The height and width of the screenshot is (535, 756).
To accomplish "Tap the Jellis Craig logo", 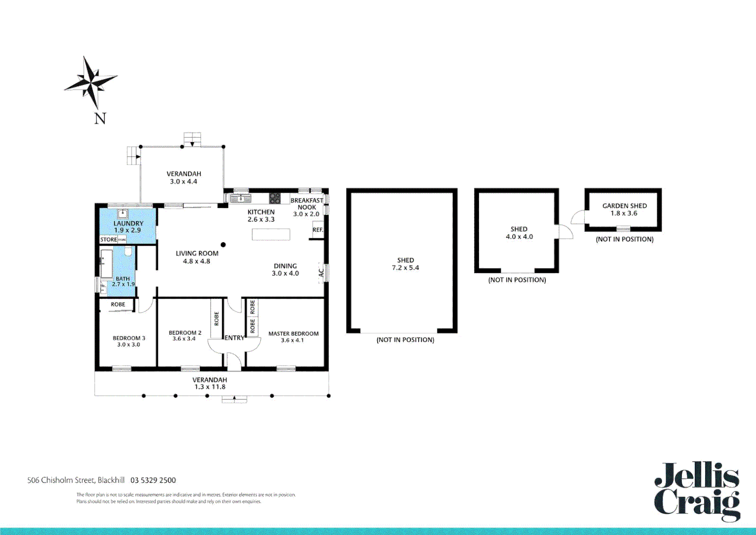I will (697, 491).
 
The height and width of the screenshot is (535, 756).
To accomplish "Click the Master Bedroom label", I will (293, 333).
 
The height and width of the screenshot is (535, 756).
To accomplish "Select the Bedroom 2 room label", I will (185, 332).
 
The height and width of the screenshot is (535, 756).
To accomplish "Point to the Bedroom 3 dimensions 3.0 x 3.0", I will (129, 345).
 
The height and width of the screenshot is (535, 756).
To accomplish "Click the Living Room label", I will (197, 253).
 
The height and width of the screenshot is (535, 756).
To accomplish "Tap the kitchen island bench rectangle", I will (271, 234).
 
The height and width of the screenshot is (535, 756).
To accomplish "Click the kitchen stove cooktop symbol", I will (275, 199).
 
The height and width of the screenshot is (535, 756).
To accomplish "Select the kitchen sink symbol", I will (241, 199).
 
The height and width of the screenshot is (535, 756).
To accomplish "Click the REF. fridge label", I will (318, 230).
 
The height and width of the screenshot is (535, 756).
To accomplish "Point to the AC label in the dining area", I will (321, 273).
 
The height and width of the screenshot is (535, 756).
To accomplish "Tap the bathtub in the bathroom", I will (106, 264).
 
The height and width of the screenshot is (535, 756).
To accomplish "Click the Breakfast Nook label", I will (307, 204).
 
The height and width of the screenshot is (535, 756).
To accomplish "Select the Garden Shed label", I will (624, 206).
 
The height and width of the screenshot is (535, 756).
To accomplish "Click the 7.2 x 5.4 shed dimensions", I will (405, 268).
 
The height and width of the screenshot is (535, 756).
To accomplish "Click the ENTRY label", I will (234, 338).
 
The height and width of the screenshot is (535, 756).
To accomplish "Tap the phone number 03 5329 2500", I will (153, 480).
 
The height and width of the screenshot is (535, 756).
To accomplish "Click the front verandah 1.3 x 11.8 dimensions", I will (210, 387).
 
